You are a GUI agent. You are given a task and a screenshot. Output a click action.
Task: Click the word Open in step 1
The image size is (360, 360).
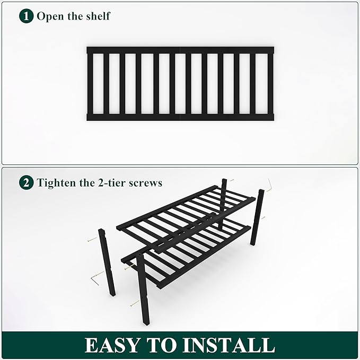pos(50,16)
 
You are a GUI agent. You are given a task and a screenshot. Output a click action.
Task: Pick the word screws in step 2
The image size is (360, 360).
pos(147,183)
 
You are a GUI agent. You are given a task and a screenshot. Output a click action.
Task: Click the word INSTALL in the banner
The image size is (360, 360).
pos(231,345)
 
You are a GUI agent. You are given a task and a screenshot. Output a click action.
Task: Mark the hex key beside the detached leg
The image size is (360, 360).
pos(95,276)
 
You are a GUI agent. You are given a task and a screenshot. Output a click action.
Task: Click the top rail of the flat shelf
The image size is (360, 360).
pos(180,50)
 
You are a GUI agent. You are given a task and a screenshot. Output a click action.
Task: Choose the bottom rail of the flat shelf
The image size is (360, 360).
pos(180,117)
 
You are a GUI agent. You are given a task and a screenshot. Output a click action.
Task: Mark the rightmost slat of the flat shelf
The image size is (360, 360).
pos(270,84)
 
